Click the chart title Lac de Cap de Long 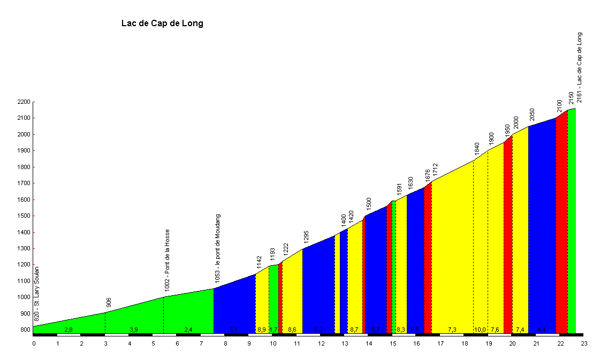tap(162, 24)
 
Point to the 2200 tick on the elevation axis tap(24, 102)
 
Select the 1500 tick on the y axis tap(24, 216)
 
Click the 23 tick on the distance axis tap(583, 343)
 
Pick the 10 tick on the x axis tap(273, 343)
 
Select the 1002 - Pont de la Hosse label tap(168, 260)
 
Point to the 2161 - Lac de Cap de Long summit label tap(579, 67)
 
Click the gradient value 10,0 tap(480, 330)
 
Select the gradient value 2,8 tap(69, 330)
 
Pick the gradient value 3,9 tap(134, 330)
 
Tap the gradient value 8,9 tap(262, 330)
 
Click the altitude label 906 tap(109, 303)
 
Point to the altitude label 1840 tap(477, 148)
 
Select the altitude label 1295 tap(307, 236)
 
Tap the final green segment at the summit tap(572, 219)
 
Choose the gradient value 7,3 tap(452, 330)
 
